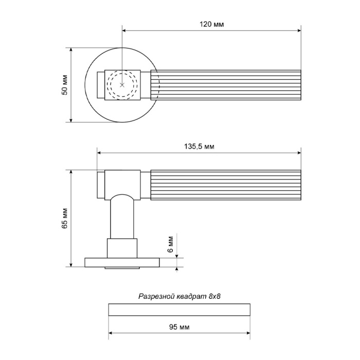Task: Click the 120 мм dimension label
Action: click(x=211, y=24)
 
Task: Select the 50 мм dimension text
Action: click(x=65, y=85)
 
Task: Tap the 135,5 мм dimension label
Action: click(x=199, y=146)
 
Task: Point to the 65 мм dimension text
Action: click(x=65, y=218)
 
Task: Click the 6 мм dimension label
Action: click(x=170, y=244)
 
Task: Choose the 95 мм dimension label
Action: click(x=179, y=327)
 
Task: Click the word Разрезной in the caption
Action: click(x=156, y=296)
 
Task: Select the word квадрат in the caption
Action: click(x=192, y=296)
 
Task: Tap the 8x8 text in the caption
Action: click(x=214, y=296)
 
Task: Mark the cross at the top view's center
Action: click(x=122, y=85)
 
